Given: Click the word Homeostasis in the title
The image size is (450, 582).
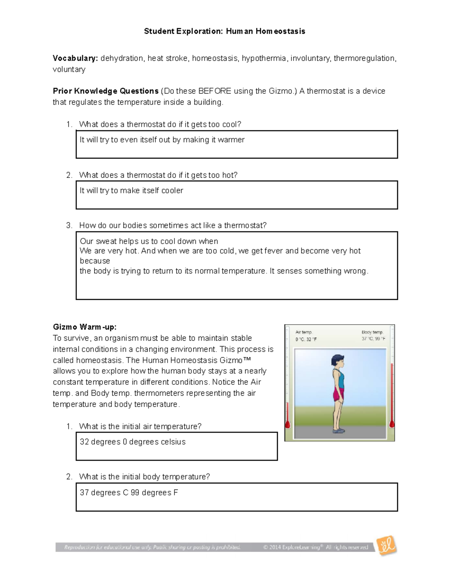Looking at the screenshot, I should coord(280,31).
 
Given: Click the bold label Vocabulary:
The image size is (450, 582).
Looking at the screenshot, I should coord(75,58).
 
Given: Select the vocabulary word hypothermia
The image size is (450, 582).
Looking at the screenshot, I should coord(264,58).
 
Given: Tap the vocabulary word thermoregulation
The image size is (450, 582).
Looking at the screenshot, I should coord(364,58).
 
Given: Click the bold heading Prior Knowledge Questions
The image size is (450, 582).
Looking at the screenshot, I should coord(105,91).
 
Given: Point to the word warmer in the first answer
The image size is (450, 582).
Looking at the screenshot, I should coord(231,140).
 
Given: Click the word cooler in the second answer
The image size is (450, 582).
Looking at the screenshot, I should coord(172,190).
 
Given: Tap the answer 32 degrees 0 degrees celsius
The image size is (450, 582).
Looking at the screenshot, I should coord(132,442).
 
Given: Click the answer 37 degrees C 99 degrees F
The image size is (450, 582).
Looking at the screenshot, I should coord(129,492).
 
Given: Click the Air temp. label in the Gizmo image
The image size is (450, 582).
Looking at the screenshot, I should coord(303,332).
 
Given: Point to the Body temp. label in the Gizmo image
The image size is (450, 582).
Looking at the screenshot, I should coord(372,332).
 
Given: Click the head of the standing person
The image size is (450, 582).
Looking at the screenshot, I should coord(337,361).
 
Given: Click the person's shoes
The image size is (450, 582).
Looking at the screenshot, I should coord(339,431).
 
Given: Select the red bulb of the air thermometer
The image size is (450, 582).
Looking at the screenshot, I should coord(288,425).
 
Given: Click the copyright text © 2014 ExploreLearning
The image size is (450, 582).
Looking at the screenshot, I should coord(292,547).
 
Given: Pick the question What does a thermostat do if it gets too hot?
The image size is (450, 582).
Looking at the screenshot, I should coord(158,175).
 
